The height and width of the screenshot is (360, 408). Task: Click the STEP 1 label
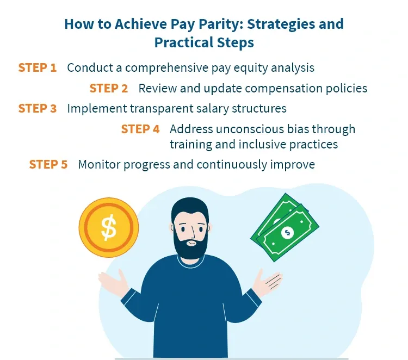click(37, 68)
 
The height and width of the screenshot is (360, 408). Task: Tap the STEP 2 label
click(109, 88)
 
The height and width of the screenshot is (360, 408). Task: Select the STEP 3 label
click(37, 108)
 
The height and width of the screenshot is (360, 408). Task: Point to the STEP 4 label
click(140, 129)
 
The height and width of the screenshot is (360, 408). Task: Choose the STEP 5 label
click(48, 164)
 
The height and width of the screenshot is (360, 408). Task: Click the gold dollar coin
click(109, 227)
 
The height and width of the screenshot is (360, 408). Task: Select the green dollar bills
click(283, 228)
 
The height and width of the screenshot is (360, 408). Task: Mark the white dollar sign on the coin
click(109, 227)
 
